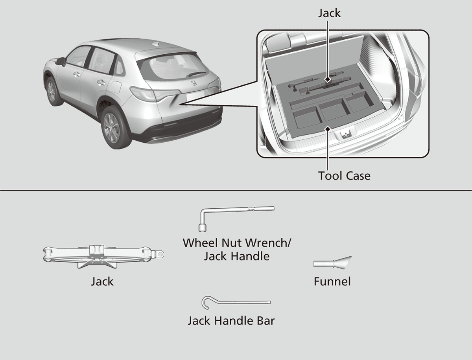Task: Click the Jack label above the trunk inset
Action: (x=329, y=13)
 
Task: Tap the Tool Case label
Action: (x=344, y=175)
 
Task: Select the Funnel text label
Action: (x=332, y=281)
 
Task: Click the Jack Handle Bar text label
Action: (x=231, y=321)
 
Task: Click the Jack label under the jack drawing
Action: (x=102, y=281)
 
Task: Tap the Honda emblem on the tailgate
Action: (x=194, y=83)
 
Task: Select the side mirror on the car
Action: (x=61, y=61)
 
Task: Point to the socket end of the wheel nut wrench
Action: (x=203, y=228)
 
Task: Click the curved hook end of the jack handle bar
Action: (x=206, y=301)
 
